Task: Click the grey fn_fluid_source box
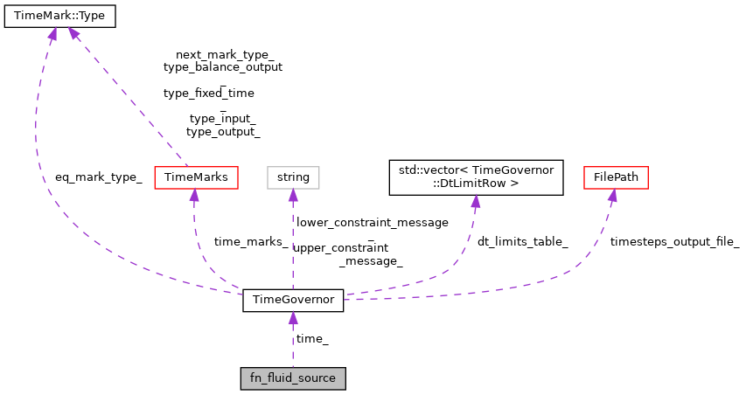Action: point(293,378)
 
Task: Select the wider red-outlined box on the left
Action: point(196,177)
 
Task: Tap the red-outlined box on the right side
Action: point(616,177)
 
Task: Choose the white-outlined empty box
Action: point(293,177)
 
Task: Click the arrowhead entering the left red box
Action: point(194,195)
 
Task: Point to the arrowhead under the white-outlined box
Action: point(293,195)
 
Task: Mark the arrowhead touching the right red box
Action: point(612,195)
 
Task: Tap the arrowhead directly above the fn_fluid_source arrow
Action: point(293,317)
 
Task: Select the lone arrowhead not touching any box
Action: point(475,201)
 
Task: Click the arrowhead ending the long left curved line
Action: point(52,33)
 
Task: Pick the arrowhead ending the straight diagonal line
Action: point(73,33)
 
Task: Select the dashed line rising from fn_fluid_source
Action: point(293,346)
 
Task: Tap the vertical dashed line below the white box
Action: point(293,245)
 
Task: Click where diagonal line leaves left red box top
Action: point(186,164)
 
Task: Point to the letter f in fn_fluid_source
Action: point(253,378)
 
